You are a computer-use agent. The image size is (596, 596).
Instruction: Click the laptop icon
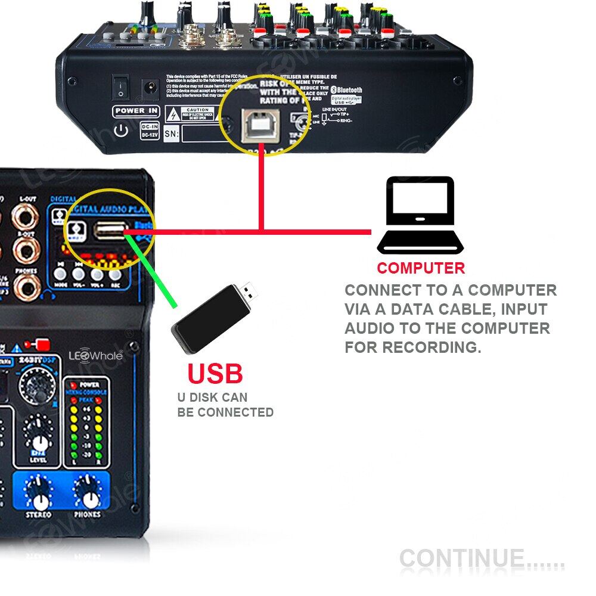point(420,215)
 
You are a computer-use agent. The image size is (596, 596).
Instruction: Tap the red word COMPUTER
point(420,268)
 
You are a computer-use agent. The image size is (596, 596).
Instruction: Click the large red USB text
point(215,374)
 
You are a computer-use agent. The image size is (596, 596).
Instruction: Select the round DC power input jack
point(147,90)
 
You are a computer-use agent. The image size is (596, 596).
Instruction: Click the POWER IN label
point(136,111)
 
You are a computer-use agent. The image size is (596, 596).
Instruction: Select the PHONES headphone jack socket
point(24,290)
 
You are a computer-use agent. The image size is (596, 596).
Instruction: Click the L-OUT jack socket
point(25,218)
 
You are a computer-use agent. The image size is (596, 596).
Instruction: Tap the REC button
point(114,274)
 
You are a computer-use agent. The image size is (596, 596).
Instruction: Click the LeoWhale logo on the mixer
point(95,356)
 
